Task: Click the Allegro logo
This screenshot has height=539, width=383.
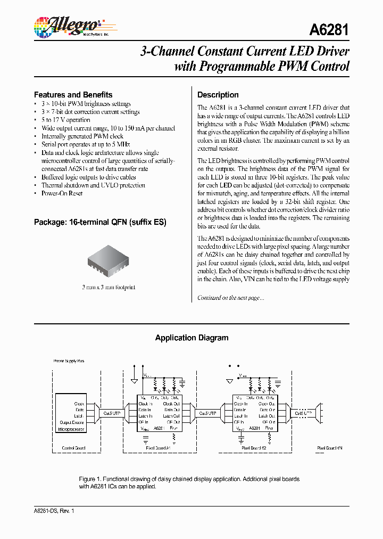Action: point(67,27)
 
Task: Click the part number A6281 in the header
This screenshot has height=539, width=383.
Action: point(329,30)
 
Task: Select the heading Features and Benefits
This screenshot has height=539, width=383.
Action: point(73,95)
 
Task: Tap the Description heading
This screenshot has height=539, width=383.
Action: point(218,95)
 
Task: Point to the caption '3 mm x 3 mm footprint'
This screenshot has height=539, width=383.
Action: point(109,287)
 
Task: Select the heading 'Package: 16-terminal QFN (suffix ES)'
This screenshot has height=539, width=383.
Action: point(100,222)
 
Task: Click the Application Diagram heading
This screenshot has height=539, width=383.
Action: point(191,338)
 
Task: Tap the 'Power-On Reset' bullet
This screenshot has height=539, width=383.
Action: point(62,193)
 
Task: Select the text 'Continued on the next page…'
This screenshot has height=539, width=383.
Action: point(230,298)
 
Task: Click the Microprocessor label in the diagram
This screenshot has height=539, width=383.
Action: point(71,429)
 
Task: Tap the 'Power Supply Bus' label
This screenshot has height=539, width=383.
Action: point(69,361)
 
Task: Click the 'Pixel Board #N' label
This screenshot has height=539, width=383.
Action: point(330,448)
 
